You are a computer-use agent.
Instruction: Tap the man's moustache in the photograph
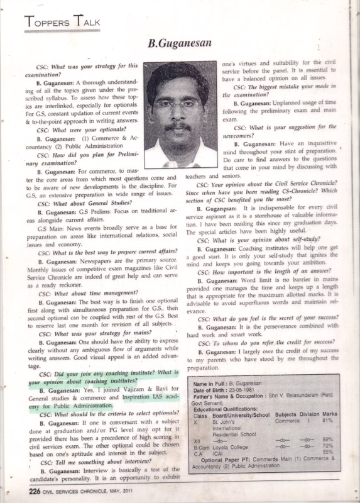click(178, 126)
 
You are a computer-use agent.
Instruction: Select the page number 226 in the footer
click(33, 490)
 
